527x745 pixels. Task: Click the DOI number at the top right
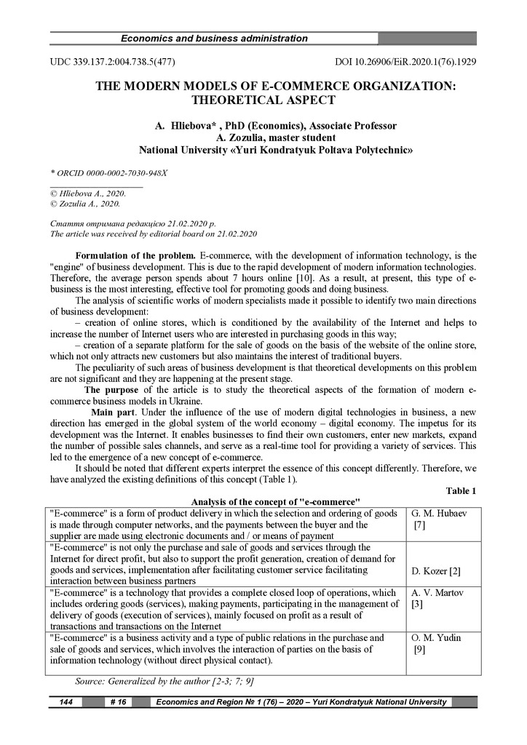[x=405, y=62]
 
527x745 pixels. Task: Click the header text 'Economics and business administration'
[x=213, y=39]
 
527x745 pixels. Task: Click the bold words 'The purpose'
[x=114, y=390]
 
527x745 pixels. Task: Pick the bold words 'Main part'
[x=116, y=413]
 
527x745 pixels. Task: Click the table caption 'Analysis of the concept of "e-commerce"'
[x=276, y=502]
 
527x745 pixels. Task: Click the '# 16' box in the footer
[x=117, y=702]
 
